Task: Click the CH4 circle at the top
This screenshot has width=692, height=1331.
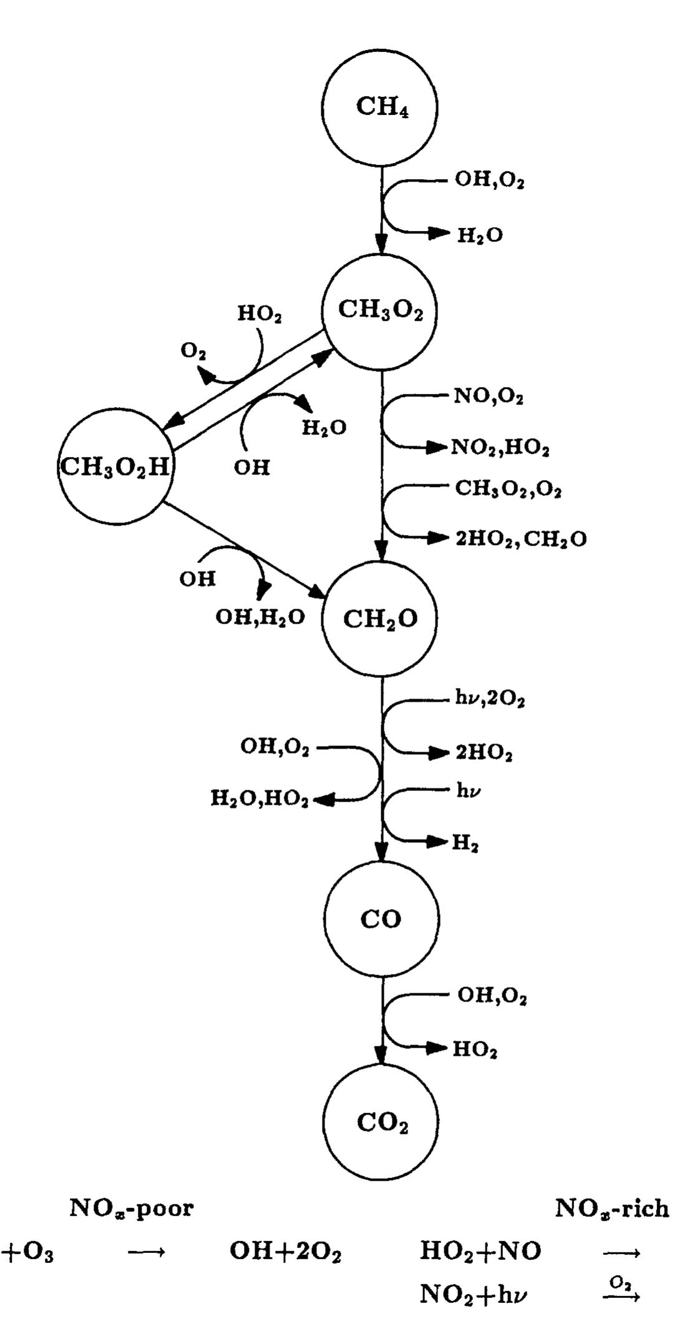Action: point(379,107)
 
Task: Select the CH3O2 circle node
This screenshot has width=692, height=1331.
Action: point(379,310)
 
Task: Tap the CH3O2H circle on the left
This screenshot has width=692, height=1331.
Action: point(115,467)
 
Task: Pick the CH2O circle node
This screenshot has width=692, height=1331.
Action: point(379,619)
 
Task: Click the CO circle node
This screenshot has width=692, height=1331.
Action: point(381,919)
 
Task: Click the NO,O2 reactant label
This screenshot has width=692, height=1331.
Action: point(489,397)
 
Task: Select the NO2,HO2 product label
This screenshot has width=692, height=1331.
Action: point(500,448)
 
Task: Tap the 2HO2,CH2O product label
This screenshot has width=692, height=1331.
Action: point(521,539)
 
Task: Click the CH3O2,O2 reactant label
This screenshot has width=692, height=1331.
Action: point(508,489)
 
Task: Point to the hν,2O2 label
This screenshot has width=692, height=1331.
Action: point(490,700)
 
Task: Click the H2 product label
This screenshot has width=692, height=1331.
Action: point(465,843)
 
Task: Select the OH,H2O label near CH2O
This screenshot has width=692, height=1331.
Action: point(260,617)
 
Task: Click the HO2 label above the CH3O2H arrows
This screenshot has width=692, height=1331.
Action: point(259,314)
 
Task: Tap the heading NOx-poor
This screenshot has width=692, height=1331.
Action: point(132,1209)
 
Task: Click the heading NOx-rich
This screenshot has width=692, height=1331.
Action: point(612,1209)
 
